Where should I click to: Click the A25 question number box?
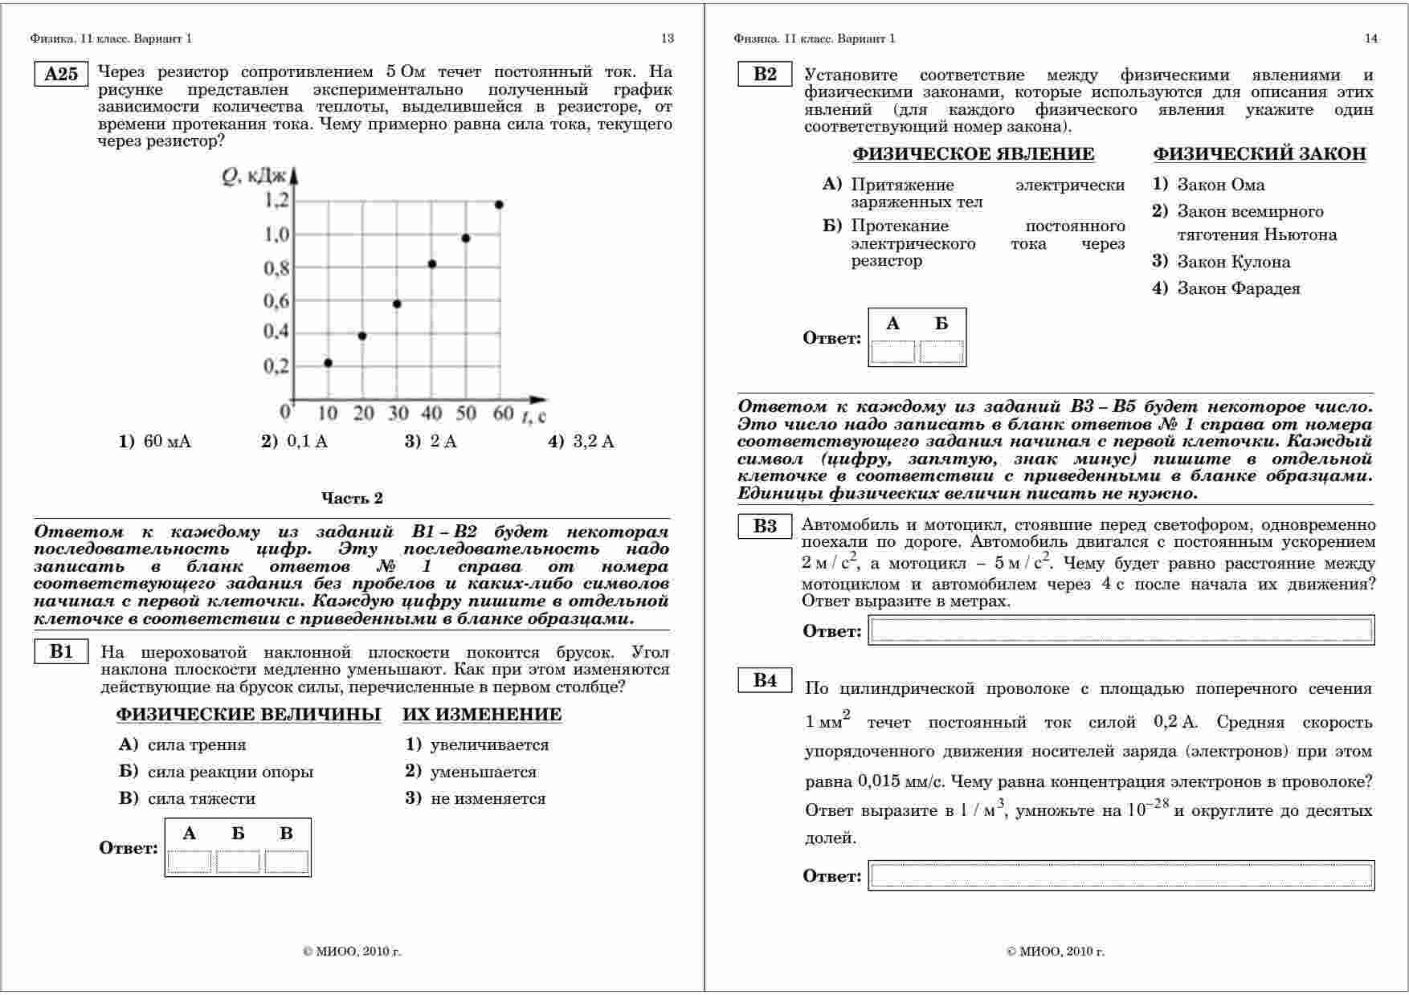tap(61, 75)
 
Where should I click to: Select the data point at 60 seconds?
tap(499, 205)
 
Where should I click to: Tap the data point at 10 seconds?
tap(328, 363)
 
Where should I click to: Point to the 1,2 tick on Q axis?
tap(276, 200)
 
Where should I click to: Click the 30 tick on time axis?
tap(398, 414)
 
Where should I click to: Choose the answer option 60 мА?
tap(167, 442)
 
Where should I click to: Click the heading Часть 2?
tap(352, 498)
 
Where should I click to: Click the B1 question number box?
tap(61, 651)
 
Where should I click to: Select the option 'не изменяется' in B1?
tap(488, 799)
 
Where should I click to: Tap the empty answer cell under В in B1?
tap(287, 862)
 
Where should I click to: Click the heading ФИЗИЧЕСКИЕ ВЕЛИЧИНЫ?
tap(248, 715)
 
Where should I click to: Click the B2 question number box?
tap(765, 75)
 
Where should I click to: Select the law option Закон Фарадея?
tap(1238, 288)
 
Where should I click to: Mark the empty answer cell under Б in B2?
tap(941, 352)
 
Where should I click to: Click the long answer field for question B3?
tap(1121, 630)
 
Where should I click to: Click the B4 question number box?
tap(765, 680)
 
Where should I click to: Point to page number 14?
tap(1371, 39)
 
